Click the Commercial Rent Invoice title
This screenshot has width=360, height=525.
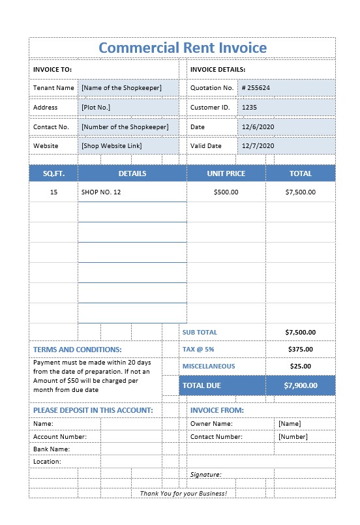click(x=182, y=48)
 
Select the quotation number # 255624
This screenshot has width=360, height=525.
click(x=256, y=87)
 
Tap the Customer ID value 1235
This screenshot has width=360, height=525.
click(x=250, y=107)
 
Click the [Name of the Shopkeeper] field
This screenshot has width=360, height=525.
click(x=122, y=87)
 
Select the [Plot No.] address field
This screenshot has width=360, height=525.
click(x=96, y=107)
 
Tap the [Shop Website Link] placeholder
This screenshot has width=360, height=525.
click(x=112, y=145)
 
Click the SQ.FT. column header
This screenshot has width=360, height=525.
click(x=53, y=173)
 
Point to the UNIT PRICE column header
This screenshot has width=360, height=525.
click(x=226, y=173)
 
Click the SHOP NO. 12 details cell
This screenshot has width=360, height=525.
click(x=101, y=192)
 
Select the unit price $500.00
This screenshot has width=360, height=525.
click(x=226, y=192)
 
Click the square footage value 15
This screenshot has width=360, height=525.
click(x=53, y=192)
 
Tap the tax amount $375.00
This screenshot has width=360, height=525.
click(x=300, y=349)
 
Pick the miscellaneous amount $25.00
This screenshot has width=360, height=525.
click(x=300, y=366)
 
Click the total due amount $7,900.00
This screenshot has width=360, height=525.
click(x=300, y=385)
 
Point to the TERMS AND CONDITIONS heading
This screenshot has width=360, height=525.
click(x=77, y=350)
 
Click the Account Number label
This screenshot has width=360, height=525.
click(x=59, y=436)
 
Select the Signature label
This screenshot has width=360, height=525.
click(x=205, y=475)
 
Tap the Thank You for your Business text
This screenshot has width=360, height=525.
click(x=183, y=493)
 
